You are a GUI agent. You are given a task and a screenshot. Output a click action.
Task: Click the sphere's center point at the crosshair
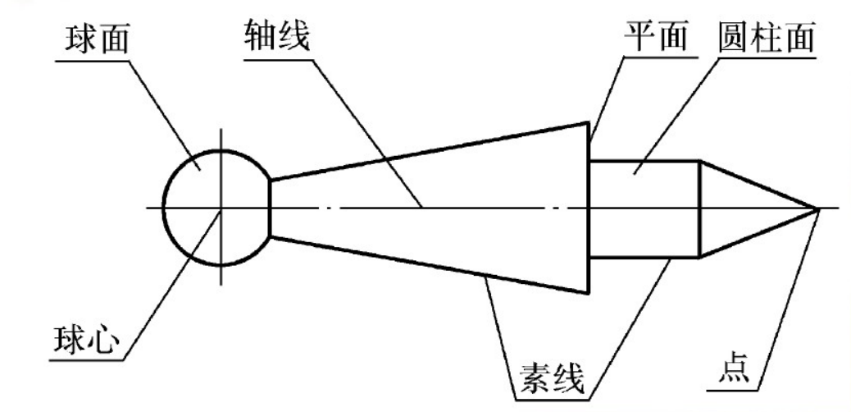click(x=220, y=208)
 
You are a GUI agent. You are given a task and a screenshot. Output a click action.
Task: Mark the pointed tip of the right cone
click(x=818, y=208)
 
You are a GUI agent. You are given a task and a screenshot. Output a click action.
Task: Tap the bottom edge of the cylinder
click(x=644, y=258)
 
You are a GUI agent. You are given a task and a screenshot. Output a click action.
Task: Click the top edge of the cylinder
click(x=644, y=160)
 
